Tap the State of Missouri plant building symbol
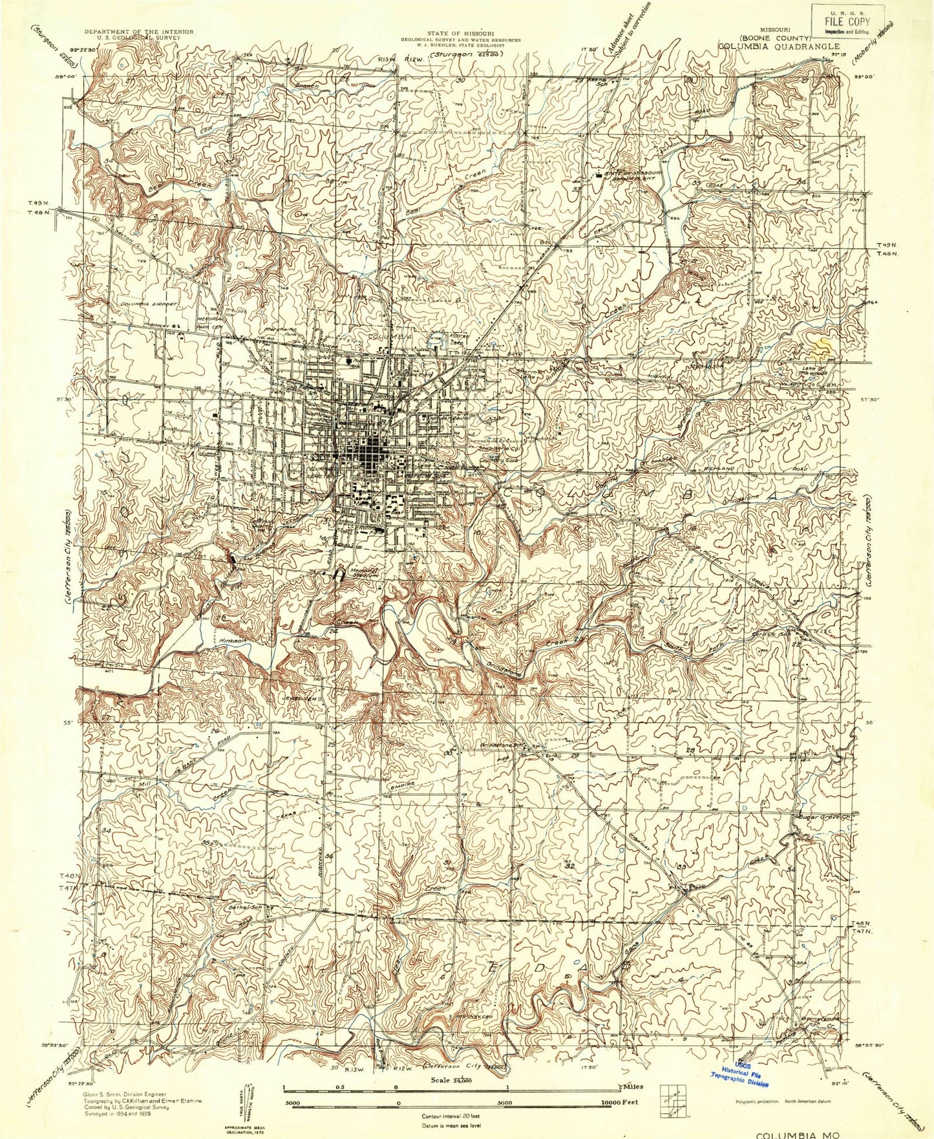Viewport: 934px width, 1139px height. coord(599,173)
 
